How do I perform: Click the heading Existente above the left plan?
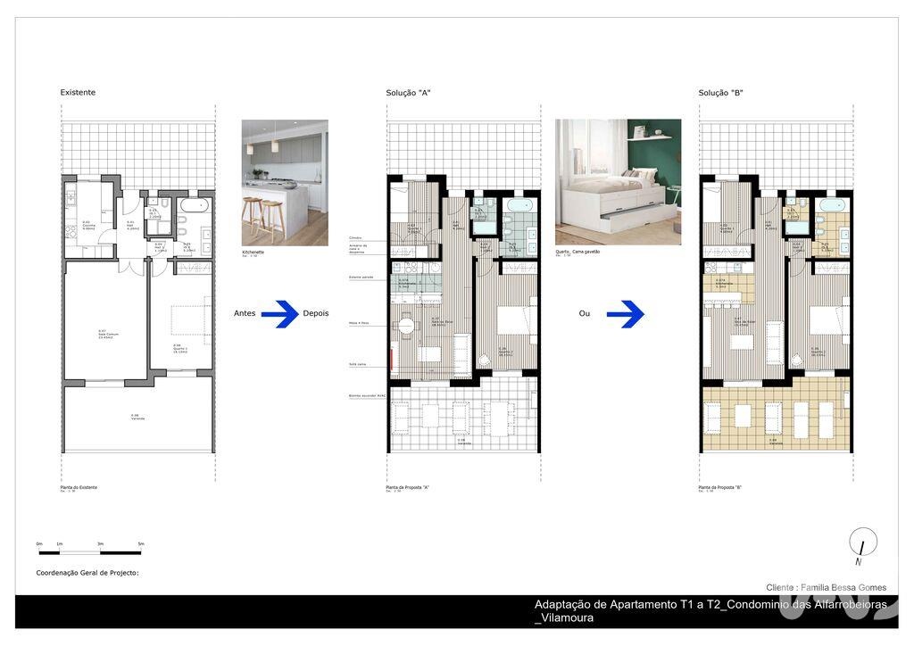78,93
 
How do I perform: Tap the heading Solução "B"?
720,93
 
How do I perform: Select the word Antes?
245,313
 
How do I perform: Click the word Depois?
316,313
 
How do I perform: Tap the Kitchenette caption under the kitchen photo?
253,252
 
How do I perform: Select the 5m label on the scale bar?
141,543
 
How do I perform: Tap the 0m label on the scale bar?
39,543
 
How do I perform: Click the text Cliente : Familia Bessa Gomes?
826,587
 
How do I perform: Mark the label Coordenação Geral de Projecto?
87,573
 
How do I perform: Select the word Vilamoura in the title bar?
566,617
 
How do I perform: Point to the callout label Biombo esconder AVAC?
367,396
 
